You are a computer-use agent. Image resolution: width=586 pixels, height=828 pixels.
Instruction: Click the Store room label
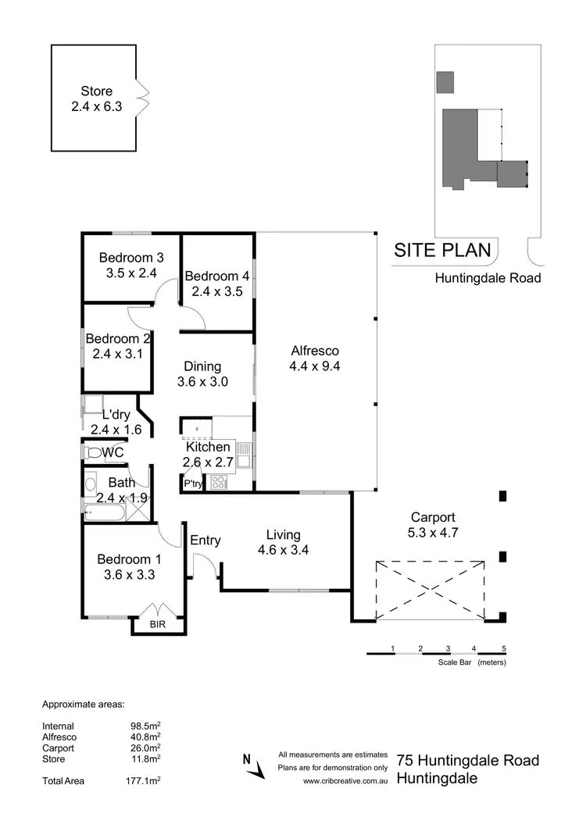[x=96, y=91]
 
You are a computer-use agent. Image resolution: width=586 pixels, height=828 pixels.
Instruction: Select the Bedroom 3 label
[x=131, y=258]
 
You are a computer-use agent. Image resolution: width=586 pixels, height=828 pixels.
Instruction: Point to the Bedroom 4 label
[x=217, y=276]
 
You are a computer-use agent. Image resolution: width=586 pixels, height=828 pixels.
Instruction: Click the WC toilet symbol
[x=93, y=452]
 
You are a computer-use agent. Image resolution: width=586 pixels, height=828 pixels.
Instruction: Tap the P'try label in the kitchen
[x=193, y=484]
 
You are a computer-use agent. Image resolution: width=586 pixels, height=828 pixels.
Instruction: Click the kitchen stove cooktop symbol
[x=220, y=482]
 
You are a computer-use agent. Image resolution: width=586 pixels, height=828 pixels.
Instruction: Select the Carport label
[x=432, y=517]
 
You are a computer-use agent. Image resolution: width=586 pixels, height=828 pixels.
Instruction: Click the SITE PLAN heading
[x=443, y=251]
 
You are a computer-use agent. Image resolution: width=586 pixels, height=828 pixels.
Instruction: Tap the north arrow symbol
[x=252, y=766]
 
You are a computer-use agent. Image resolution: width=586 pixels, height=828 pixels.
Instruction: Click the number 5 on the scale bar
[x=504, y=649]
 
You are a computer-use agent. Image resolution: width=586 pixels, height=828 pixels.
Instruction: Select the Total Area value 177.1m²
[x=145, y=780]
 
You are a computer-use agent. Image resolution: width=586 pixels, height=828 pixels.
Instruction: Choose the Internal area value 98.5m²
[x=145, y=726]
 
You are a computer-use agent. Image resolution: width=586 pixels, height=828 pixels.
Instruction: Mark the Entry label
[x=205, y=540]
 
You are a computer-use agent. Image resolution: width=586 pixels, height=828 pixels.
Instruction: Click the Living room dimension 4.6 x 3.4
[x=283, y=550]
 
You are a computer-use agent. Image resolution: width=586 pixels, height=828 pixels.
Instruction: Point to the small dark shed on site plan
[x=445, y=81]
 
